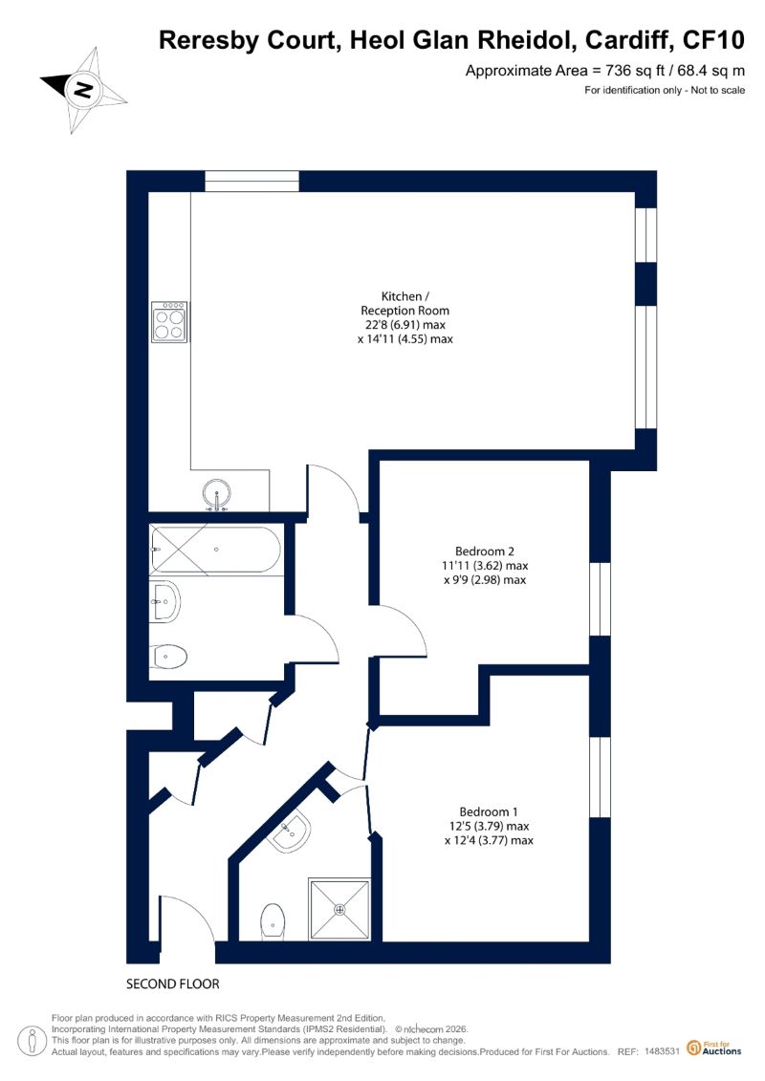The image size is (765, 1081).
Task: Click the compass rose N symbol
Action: (x=84, y=90)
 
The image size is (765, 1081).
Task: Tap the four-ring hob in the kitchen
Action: (x=169, y=322)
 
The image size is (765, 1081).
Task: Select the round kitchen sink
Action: (x=217, y=494)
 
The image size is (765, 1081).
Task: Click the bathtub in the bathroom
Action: (x=215, y=550)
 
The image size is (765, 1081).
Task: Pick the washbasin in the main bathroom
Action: (x=164, y=602)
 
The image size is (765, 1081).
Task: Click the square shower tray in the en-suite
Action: (x=339, y=909)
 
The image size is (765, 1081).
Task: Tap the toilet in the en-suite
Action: (x=273, y=921)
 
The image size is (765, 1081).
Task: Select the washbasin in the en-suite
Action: (x=291, y=832)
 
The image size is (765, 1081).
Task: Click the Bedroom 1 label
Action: (x=489, y=811)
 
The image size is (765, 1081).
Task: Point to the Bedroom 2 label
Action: (x=484, y=551)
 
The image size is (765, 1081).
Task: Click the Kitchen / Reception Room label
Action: (x=404, y=303)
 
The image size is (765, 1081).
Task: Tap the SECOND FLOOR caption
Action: (x=172, y=984)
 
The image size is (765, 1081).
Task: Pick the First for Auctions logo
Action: (x=714, y=1049)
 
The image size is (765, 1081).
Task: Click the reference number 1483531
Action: (x=663, y=1052)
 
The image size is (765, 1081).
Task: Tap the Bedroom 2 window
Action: (x=601, y=598)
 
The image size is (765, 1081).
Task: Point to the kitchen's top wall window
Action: (x=251, y=182)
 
